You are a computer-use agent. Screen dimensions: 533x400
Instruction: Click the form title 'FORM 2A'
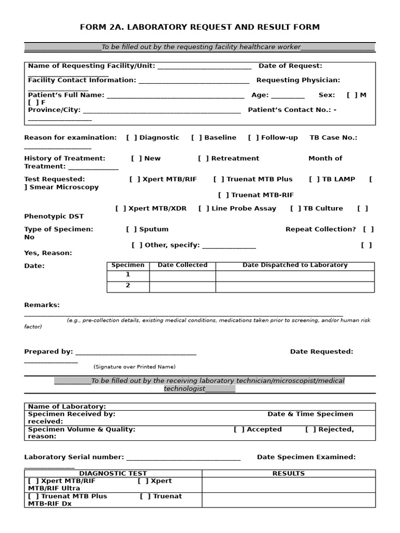click(199, 27)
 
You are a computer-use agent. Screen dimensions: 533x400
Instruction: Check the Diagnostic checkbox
click(132, 138)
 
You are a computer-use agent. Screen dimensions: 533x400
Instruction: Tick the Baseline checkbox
click(196, 138)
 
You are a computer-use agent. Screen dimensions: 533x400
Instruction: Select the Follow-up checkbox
click(253, 138)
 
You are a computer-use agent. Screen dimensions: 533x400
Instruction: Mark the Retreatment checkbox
click(204, 159)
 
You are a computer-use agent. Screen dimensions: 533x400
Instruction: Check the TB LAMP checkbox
click(315, 180)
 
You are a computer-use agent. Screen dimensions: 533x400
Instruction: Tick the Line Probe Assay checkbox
click(204, 209)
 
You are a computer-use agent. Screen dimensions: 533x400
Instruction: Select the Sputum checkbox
click(132, 230)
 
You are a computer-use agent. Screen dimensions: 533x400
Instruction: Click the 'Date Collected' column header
click(182, 265)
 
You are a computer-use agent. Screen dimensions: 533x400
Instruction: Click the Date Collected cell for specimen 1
click(182, 276)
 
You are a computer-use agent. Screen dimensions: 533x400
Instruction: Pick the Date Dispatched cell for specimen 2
click(295, 287)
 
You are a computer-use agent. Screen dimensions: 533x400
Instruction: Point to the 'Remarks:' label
click(42, 305)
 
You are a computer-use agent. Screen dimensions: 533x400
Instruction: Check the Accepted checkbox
click(239, 430)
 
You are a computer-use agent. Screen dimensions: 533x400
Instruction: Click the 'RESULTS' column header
click(289, 474)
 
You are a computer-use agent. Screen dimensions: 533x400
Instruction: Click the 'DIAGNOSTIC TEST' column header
click(113, 474)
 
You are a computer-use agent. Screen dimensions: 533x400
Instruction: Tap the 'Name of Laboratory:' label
click(67, 407)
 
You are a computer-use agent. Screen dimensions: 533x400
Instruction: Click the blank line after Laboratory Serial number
click(183, 458)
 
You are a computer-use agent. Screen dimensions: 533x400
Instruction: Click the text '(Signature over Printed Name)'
click(134, 367)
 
